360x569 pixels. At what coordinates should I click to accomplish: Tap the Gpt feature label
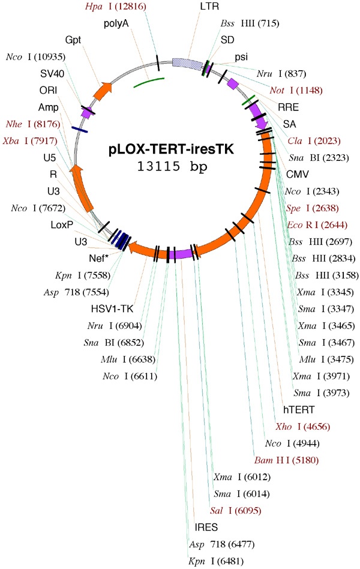72,40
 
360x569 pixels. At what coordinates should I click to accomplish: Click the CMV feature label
296,175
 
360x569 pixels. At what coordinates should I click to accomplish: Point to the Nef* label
97,259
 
